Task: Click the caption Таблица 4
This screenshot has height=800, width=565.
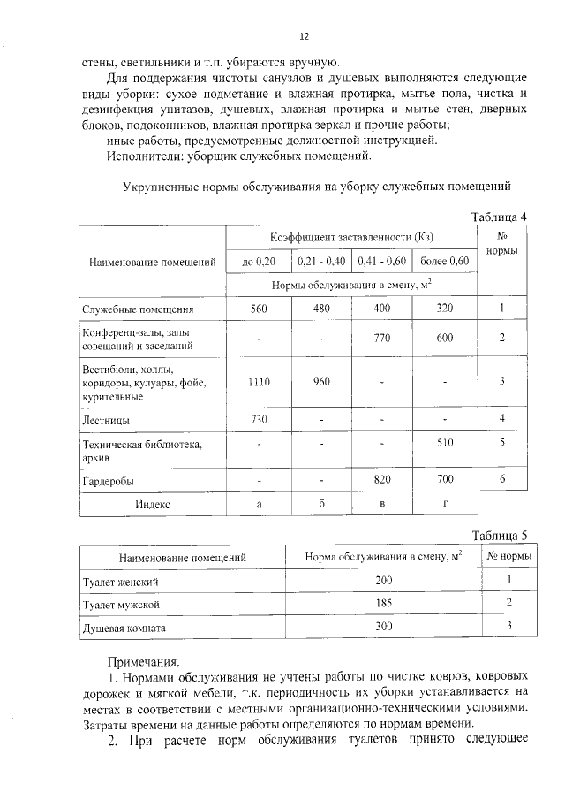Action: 499,217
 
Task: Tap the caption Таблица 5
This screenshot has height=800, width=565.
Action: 499,536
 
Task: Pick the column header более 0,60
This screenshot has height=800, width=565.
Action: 444,262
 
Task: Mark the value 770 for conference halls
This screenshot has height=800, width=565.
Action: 382,339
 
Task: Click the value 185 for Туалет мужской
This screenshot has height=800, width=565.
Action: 383,604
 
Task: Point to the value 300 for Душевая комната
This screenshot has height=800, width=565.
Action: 383,626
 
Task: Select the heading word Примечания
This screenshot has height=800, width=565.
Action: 143,660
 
